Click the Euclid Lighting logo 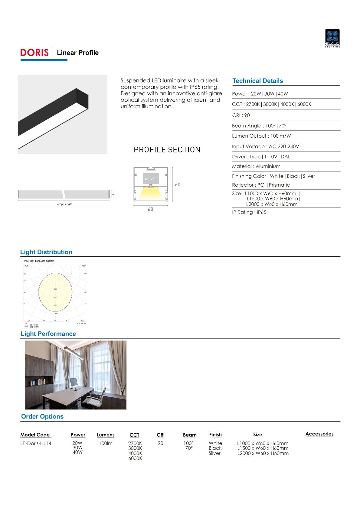tap(332, 38)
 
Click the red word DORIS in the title tap(34, 53)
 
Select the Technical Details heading tap(257, 81)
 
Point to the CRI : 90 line tap(241, 115)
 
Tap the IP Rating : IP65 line tap(249, 212)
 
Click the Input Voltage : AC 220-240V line tap(265, 146)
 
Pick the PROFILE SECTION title tap(167, 150)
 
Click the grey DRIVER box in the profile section tap(151, 179)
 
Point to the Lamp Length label tap(64, 204)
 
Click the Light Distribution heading tap(46, 252)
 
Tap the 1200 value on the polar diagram tap(55, 314)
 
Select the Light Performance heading tap(48, 334)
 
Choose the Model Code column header tap(35, 435)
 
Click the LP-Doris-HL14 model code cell tap(36, 443)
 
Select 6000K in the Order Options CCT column tap(135, 458)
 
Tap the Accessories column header tap(319, 434)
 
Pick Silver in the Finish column tap(214, 453)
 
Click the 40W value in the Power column tap(77, 452)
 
